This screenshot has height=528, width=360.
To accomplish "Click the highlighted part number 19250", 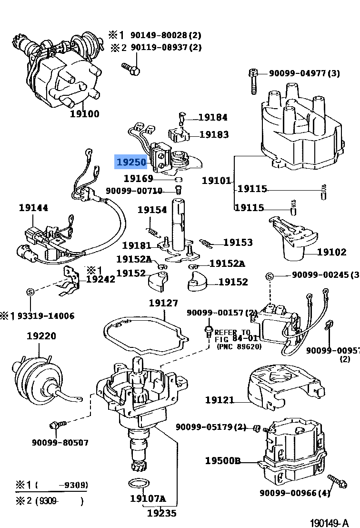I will click(131, 162).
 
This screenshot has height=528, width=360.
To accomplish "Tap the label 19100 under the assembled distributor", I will click(84, 113).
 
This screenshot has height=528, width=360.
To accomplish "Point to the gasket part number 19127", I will click(163, 303).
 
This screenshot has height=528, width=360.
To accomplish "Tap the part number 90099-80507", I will click(60, 442).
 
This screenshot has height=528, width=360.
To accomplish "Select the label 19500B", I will click(223, 461).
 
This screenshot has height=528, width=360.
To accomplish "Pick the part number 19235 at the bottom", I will click(161, 513).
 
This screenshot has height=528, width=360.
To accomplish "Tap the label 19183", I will click(214, 134).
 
